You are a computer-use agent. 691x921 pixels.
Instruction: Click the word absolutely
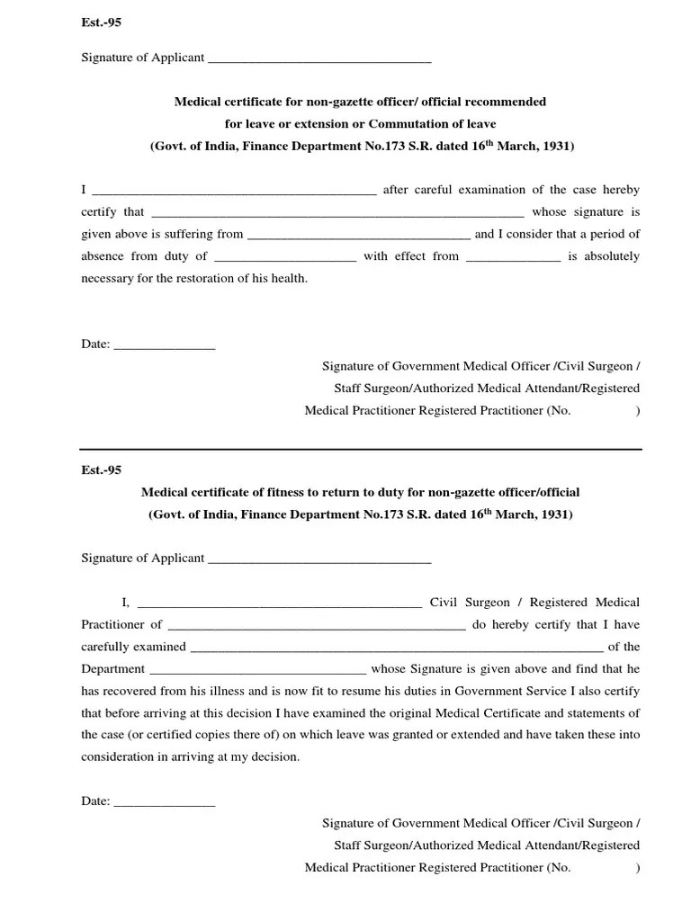(x=609, y=256)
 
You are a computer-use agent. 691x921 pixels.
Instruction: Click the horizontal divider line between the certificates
(x=361, y=449)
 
